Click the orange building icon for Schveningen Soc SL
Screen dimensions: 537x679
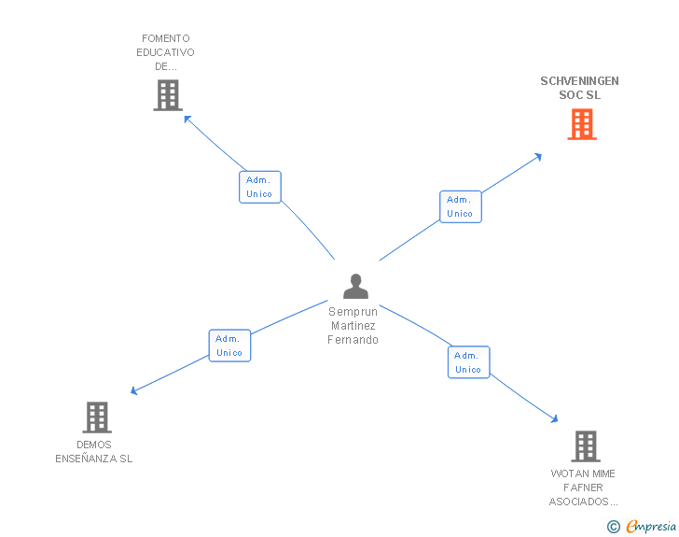point(582,124)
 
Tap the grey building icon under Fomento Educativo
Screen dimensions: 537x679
point(167,95)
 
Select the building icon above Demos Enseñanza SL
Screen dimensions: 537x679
point(97,417)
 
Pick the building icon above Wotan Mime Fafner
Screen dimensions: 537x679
point(585,446)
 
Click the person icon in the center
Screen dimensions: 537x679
point(355,286)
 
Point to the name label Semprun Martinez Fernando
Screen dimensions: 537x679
point(353,325)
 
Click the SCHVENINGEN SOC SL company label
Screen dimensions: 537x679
point(579,88)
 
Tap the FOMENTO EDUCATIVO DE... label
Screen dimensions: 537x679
point(166,52)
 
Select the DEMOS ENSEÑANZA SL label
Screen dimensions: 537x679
point(94,452)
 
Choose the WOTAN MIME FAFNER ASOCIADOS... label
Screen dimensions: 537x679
point(583,488)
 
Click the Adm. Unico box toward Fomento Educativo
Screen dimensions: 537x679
point(259,187)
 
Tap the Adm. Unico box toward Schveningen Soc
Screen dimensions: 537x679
point(460,206)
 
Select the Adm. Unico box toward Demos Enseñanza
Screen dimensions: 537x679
point(229,346)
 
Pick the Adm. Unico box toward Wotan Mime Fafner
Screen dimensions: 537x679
point(468,362)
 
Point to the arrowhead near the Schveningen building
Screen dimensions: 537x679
point(538,157)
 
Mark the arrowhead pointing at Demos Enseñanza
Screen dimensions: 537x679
point(134,391)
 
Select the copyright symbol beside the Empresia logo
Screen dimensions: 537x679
point(613,527)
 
